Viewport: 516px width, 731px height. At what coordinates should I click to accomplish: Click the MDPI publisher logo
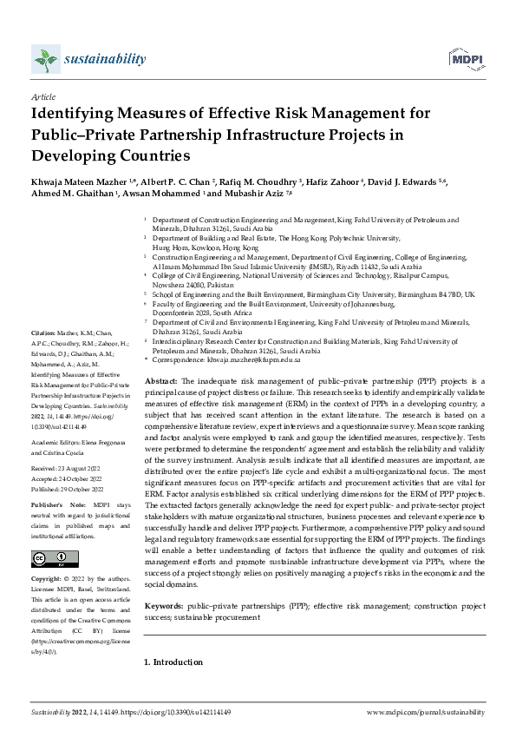(x=466, y=59)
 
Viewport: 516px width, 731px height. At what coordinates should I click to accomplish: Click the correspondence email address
(x=258, y=359)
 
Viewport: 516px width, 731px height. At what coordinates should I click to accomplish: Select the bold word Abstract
(x=160, y=381)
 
